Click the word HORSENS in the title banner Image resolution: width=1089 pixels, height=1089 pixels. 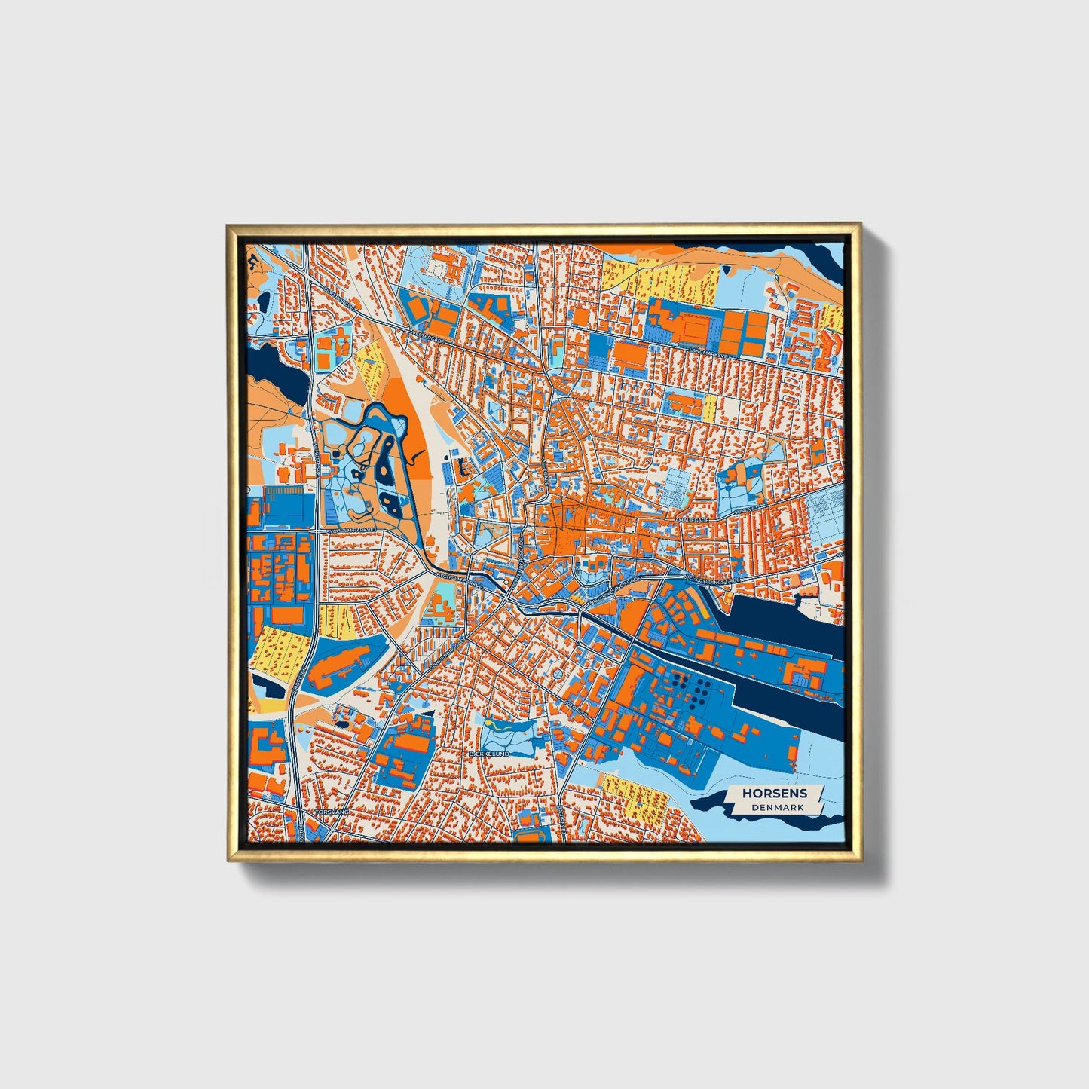774,793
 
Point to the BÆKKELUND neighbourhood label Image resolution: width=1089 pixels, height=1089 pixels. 489,754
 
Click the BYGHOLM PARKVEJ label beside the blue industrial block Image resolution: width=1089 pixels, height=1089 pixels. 351,531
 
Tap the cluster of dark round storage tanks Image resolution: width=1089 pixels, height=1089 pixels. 692,687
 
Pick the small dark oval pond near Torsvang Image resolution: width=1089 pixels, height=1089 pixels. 343,724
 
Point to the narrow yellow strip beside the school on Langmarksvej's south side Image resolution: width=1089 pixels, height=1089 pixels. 709,408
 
